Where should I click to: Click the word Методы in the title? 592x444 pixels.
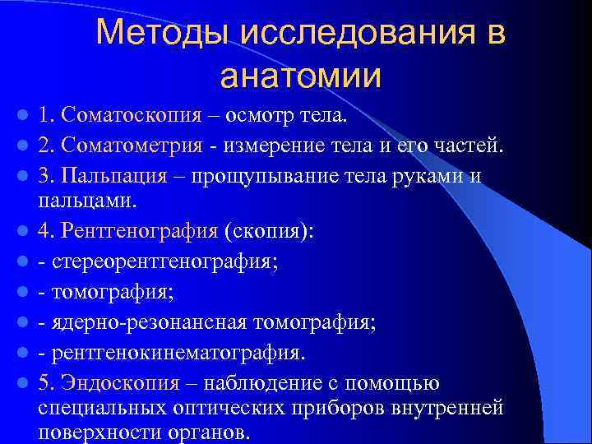point(164,33)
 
